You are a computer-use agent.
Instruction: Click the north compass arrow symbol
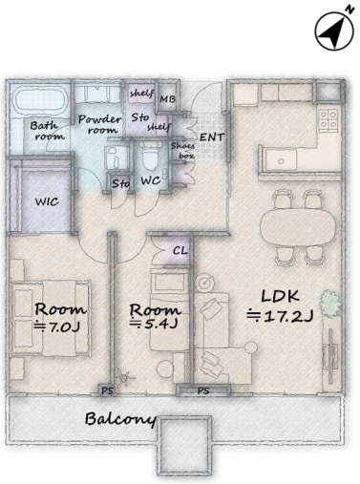pos(334,31)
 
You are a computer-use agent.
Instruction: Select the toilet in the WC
pos(149,158)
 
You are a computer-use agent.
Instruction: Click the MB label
pos(167,99)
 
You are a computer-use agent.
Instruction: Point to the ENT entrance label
pos(212,137)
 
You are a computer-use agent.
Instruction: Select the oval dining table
pos(298,227)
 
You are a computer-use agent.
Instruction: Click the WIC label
pos(47,201)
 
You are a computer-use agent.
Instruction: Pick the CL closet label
pos(180,251)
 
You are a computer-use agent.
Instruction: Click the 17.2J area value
pos(281,316)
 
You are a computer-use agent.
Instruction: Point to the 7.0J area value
pos(57,327)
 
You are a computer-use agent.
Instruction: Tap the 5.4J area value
pos(154,324)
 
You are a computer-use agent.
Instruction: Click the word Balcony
pos(121,419)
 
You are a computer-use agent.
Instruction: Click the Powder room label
pos(99,124)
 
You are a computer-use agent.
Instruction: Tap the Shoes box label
pos(182,151)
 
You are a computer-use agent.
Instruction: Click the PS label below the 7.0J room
pos(107,390)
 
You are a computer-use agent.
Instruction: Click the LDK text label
pos(280,296)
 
